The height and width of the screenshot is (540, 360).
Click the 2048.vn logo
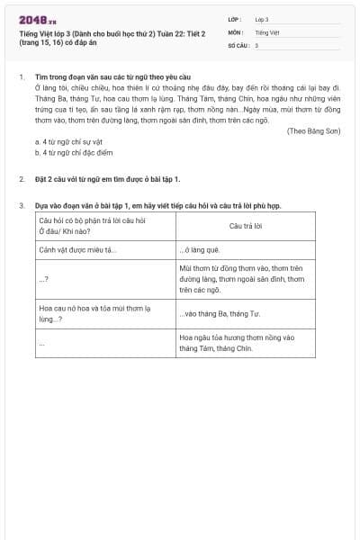[x=37, y=21]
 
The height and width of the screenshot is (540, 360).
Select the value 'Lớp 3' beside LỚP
[x=262, y=19]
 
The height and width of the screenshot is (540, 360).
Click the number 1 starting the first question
[x=21, y=76]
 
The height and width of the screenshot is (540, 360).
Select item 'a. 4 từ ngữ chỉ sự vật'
[x=69, y=141]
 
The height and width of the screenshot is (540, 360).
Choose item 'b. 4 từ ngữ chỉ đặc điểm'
[x=74, y=152]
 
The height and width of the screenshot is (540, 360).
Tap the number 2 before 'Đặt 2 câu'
[x=21, y=179]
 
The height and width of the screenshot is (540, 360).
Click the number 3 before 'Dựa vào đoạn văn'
[x=21, y=205]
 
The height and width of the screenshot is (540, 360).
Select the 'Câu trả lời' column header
[x=245, y=226]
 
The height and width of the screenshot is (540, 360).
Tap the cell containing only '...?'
[x=44, y=279]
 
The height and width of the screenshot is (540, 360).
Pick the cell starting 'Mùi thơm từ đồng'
[x=245, y=279]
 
